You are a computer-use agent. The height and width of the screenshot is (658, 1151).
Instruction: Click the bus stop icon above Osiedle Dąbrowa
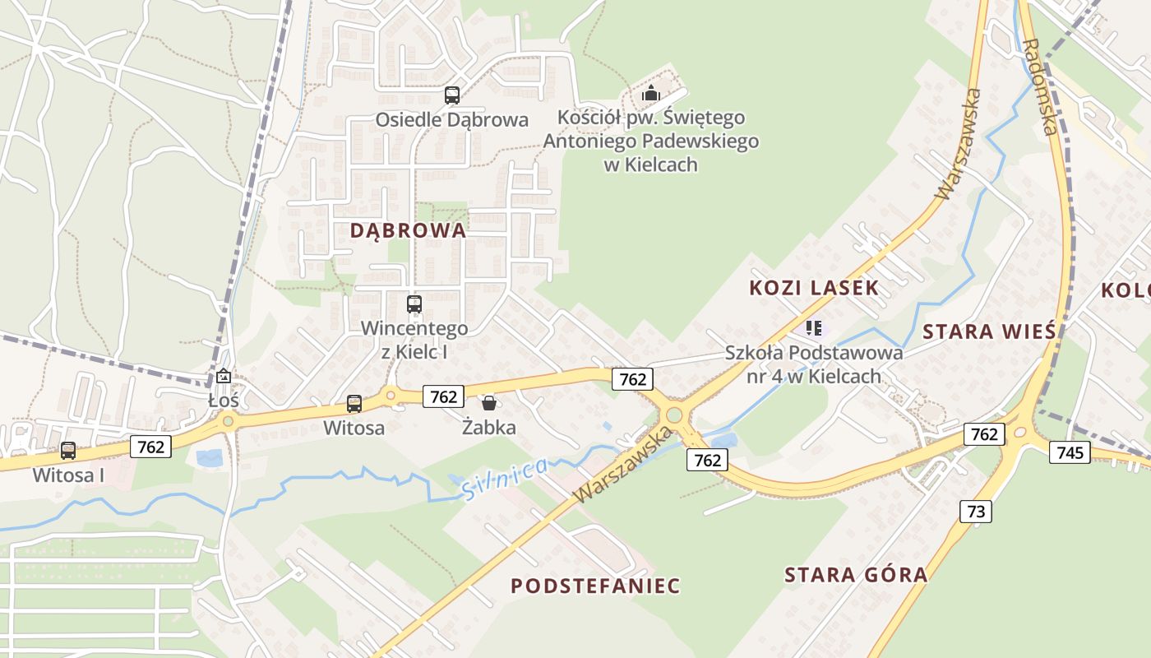(452, 95)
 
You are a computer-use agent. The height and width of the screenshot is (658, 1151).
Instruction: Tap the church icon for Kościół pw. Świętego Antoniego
(651, 93)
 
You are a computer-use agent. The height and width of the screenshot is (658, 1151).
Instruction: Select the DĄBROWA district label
(408, 230)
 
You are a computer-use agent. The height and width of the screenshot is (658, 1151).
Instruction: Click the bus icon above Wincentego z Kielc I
(414, 304)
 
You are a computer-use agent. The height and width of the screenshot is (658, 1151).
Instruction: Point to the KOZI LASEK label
(814, 288)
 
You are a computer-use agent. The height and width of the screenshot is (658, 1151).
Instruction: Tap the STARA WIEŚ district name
(988, 331)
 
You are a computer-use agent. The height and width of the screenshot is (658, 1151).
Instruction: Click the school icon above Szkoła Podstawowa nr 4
(814, 329)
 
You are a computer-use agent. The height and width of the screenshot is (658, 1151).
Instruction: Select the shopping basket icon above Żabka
(489, 402)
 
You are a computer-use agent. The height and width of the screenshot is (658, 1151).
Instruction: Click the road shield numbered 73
(976, 512)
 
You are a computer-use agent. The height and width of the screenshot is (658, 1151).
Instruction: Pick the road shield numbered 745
(1070, 452)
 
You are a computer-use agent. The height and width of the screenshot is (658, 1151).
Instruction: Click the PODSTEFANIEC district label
(595, 586)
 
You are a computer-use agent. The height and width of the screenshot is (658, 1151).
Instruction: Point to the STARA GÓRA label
(856, 574)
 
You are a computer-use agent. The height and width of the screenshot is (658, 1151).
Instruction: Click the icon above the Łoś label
(224, 377)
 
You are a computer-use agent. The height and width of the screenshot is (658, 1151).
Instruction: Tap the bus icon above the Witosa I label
(68, 451)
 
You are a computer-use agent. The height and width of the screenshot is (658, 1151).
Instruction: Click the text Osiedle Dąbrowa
(451, 120)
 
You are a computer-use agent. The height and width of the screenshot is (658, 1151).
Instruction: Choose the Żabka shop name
(489, 428)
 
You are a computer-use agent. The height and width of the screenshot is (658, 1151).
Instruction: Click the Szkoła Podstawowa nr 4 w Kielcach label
(813, 364)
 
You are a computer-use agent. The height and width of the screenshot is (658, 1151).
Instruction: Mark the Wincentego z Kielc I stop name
(414, 340)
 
